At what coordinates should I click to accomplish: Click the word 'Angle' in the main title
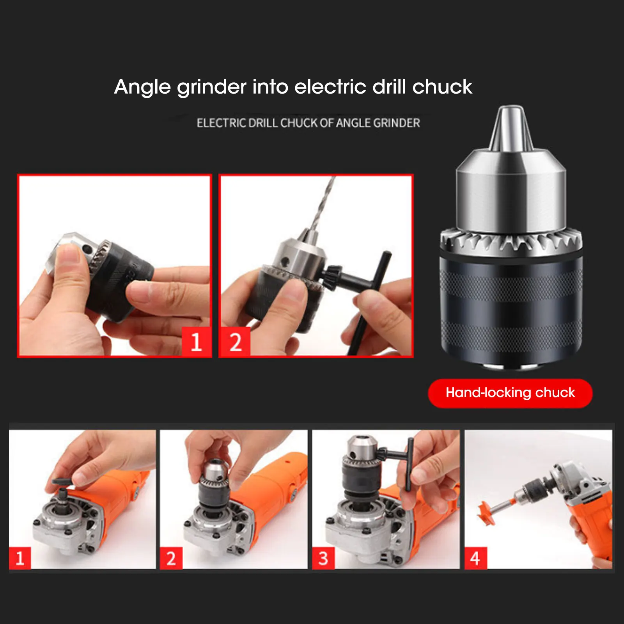click(142, 87)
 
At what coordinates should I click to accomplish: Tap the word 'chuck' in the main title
click(442, 87)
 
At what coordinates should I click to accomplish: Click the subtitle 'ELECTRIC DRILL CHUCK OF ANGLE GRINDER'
click(308, 123)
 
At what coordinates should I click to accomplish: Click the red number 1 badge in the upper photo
click(196, 342)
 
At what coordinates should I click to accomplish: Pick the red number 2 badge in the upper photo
click(235, 342)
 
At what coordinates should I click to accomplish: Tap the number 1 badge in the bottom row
click(20, 558)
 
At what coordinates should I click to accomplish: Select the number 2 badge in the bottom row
click(171, 558)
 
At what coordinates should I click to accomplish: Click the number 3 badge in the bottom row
click(323, 558)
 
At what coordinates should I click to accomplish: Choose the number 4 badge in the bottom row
click(475, 558)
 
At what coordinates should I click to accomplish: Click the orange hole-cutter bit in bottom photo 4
click(487, 511)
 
